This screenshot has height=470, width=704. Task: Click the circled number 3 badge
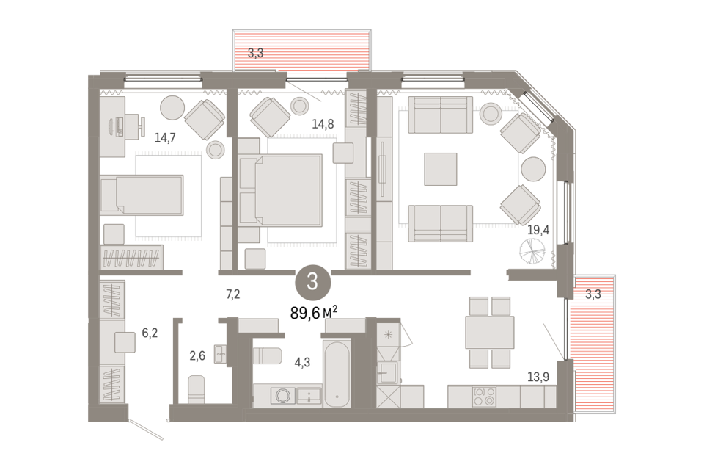click(x=312, y=283)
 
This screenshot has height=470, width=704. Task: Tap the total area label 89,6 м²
click(x=314, y=312)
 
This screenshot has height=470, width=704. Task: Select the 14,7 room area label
click(x=165, y=137)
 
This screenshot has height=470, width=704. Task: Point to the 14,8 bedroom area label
click(x=323, y=123)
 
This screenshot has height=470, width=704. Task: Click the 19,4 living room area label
click(x=538, y=231)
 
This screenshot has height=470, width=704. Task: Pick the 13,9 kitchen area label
click(x=538, y=377)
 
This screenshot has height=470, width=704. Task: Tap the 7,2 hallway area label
click(x=232, y=294)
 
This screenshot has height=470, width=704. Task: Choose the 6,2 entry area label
click(x=150, y=333)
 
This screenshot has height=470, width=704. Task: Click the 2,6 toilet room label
click(x=197, y=355)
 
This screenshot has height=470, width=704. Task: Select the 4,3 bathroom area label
click(x=302, y=363)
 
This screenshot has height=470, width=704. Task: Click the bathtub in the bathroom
click(x=337, y=375)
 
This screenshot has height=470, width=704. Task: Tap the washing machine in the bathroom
click(x=283, y=396)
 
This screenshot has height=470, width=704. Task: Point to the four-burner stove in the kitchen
click(x=484, y=397)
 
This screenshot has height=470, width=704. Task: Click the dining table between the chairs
click(x=489, y=332)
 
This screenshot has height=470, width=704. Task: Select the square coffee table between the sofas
click(x=441, y=169)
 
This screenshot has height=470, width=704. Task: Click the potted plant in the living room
click(x=532, y=251)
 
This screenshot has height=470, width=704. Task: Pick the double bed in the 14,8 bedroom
click(x=281, y=190)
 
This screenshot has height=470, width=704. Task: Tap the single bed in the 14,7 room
click(x=142, y=195)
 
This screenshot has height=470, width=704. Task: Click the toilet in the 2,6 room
click(x=197, y=389)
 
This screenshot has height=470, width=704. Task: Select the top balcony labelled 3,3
click(x=301, y=50)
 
